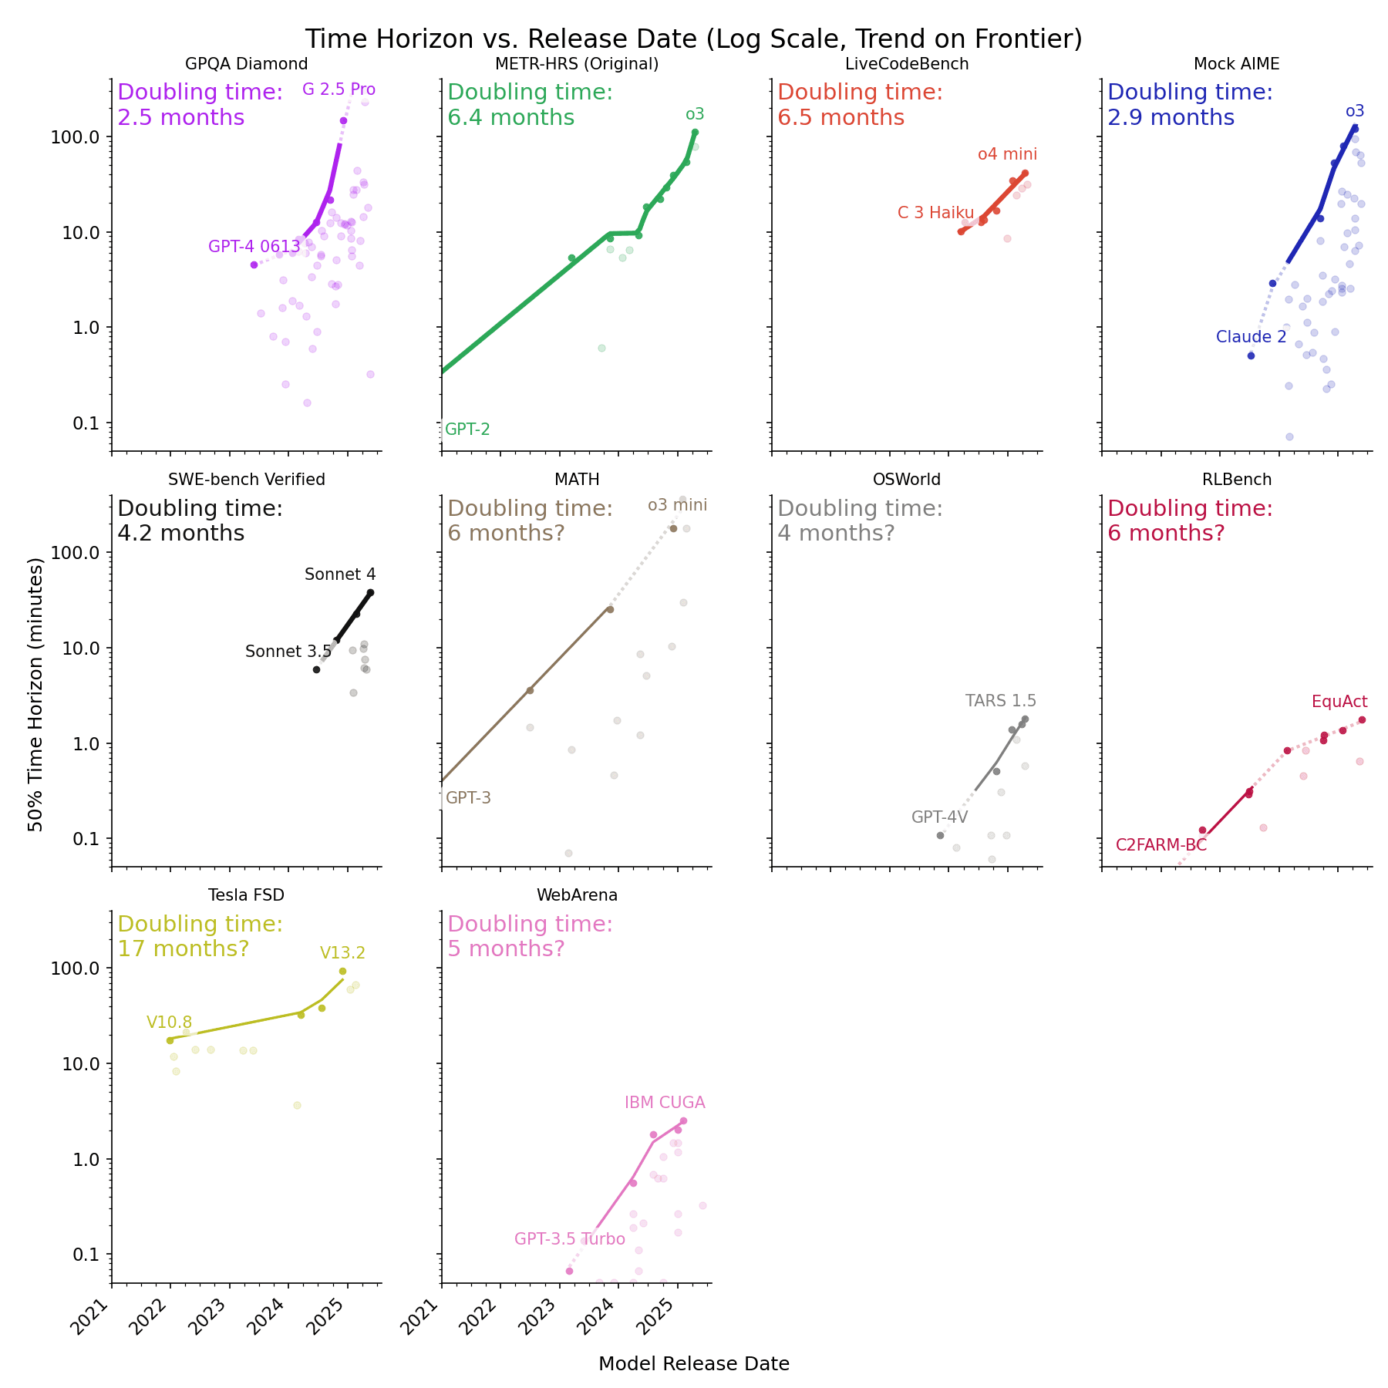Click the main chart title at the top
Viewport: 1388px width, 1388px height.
[693, 39]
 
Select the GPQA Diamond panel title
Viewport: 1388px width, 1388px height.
[246, 64]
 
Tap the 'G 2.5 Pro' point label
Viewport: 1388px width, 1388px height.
[339, 89]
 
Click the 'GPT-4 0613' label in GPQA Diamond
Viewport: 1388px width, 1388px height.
[254, 247]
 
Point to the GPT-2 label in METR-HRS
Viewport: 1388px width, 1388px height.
[467, 430]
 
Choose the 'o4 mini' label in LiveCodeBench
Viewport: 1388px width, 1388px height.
[1007, 154]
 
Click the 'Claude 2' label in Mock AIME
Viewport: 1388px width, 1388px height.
[1251, 337]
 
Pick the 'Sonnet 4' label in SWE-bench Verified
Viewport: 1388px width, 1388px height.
[340, 574]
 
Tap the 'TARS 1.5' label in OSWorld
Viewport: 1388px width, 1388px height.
[1000, 701]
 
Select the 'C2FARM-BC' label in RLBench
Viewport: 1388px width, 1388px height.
[1161, 845]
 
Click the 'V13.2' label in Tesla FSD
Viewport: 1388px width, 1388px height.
[342, 953]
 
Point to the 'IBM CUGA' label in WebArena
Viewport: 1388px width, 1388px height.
[665, 1103]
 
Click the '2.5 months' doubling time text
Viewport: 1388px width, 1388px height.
[180, 118]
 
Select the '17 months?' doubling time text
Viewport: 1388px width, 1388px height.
[183, 948]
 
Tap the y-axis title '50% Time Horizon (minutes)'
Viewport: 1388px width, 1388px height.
[35, 693]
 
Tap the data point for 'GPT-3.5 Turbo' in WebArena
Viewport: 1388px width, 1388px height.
[569, 1271]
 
